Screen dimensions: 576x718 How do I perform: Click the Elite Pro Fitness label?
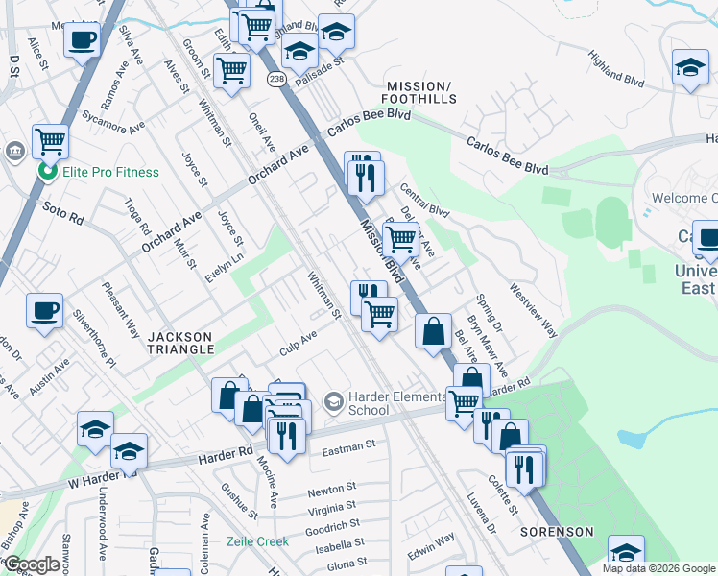click(x=110, y=172)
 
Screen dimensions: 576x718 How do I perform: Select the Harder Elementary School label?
click(x=369, y=403)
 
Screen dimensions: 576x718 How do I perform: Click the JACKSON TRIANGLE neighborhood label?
click(x=180, y=343)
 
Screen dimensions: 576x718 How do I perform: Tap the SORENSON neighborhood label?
click(x=558, y=531)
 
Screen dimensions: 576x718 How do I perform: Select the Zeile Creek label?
click(x=257, y=541)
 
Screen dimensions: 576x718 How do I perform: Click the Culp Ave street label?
click(x=298, y=343)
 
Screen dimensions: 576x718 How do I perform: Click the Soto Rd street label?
click(x=63, y=212)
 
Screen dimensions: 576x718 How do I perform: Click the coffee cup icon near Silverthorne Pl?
click(x=44, y=311)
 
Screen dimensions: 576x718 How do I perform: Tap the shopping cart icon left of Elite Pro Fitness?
click(x=50, y=140)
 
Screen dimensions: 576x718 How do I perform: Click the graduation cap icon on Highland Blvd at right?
click(x=690, y=68)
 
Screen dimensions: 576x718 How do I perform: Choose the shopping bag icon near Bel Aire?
click(x=434, y=331)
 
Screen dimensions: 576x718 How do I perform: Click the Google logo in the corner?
click(x=33, y=564)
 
